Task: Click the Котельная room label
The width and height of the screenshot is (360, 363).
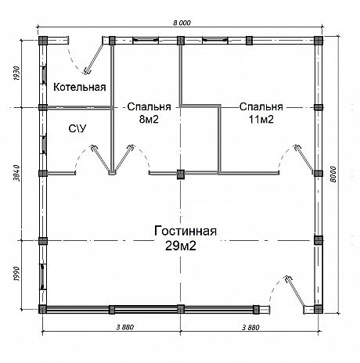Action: point(80,87)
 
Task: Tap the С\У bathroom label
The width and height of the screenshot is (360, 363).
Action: point(77,128)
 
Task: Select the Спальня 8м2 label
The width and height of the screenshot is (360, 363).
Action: point(149,113)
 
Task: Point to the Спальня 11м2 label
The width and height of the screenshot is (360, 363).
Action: point(261,113)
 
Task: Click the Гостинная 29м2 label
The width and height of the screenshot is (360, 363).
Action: point(185,238)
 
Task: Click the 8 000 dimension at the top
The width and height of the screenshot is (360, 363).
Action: point(182,23)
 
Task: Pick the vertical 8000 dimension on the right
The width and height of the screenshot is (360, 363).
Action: point(333,174)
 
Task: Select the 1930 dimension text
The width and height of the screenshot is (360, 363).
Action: point(16,74)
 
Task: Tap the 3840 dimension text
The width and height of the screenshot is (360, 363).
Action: point(16,173)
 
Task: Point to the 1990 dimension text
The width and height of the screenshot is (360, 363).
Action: point(16,274)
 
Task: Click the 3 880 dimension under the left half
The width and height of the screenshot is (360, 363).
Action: point(125,327)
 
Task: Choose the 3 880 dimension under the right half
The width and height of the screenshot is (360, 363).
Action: point(250,327)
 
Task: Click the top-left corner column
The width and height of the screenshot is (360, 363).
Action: point(43,41)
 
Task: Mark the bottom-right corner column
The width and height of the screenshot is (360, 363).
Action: point(319,309)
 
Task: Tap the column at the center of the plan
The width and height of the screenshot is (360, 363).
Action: point(181,174)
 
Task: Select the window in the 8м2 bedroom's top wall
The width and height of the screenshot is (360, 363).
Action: point(146,40)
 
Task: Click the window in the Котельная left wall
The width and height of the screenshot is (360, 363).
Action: point(44,75)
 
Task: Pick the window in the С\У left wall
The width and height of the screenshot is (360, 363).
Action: point(44,145)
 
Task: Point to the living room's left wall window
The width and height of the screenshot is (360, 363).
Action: point(43,276)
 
